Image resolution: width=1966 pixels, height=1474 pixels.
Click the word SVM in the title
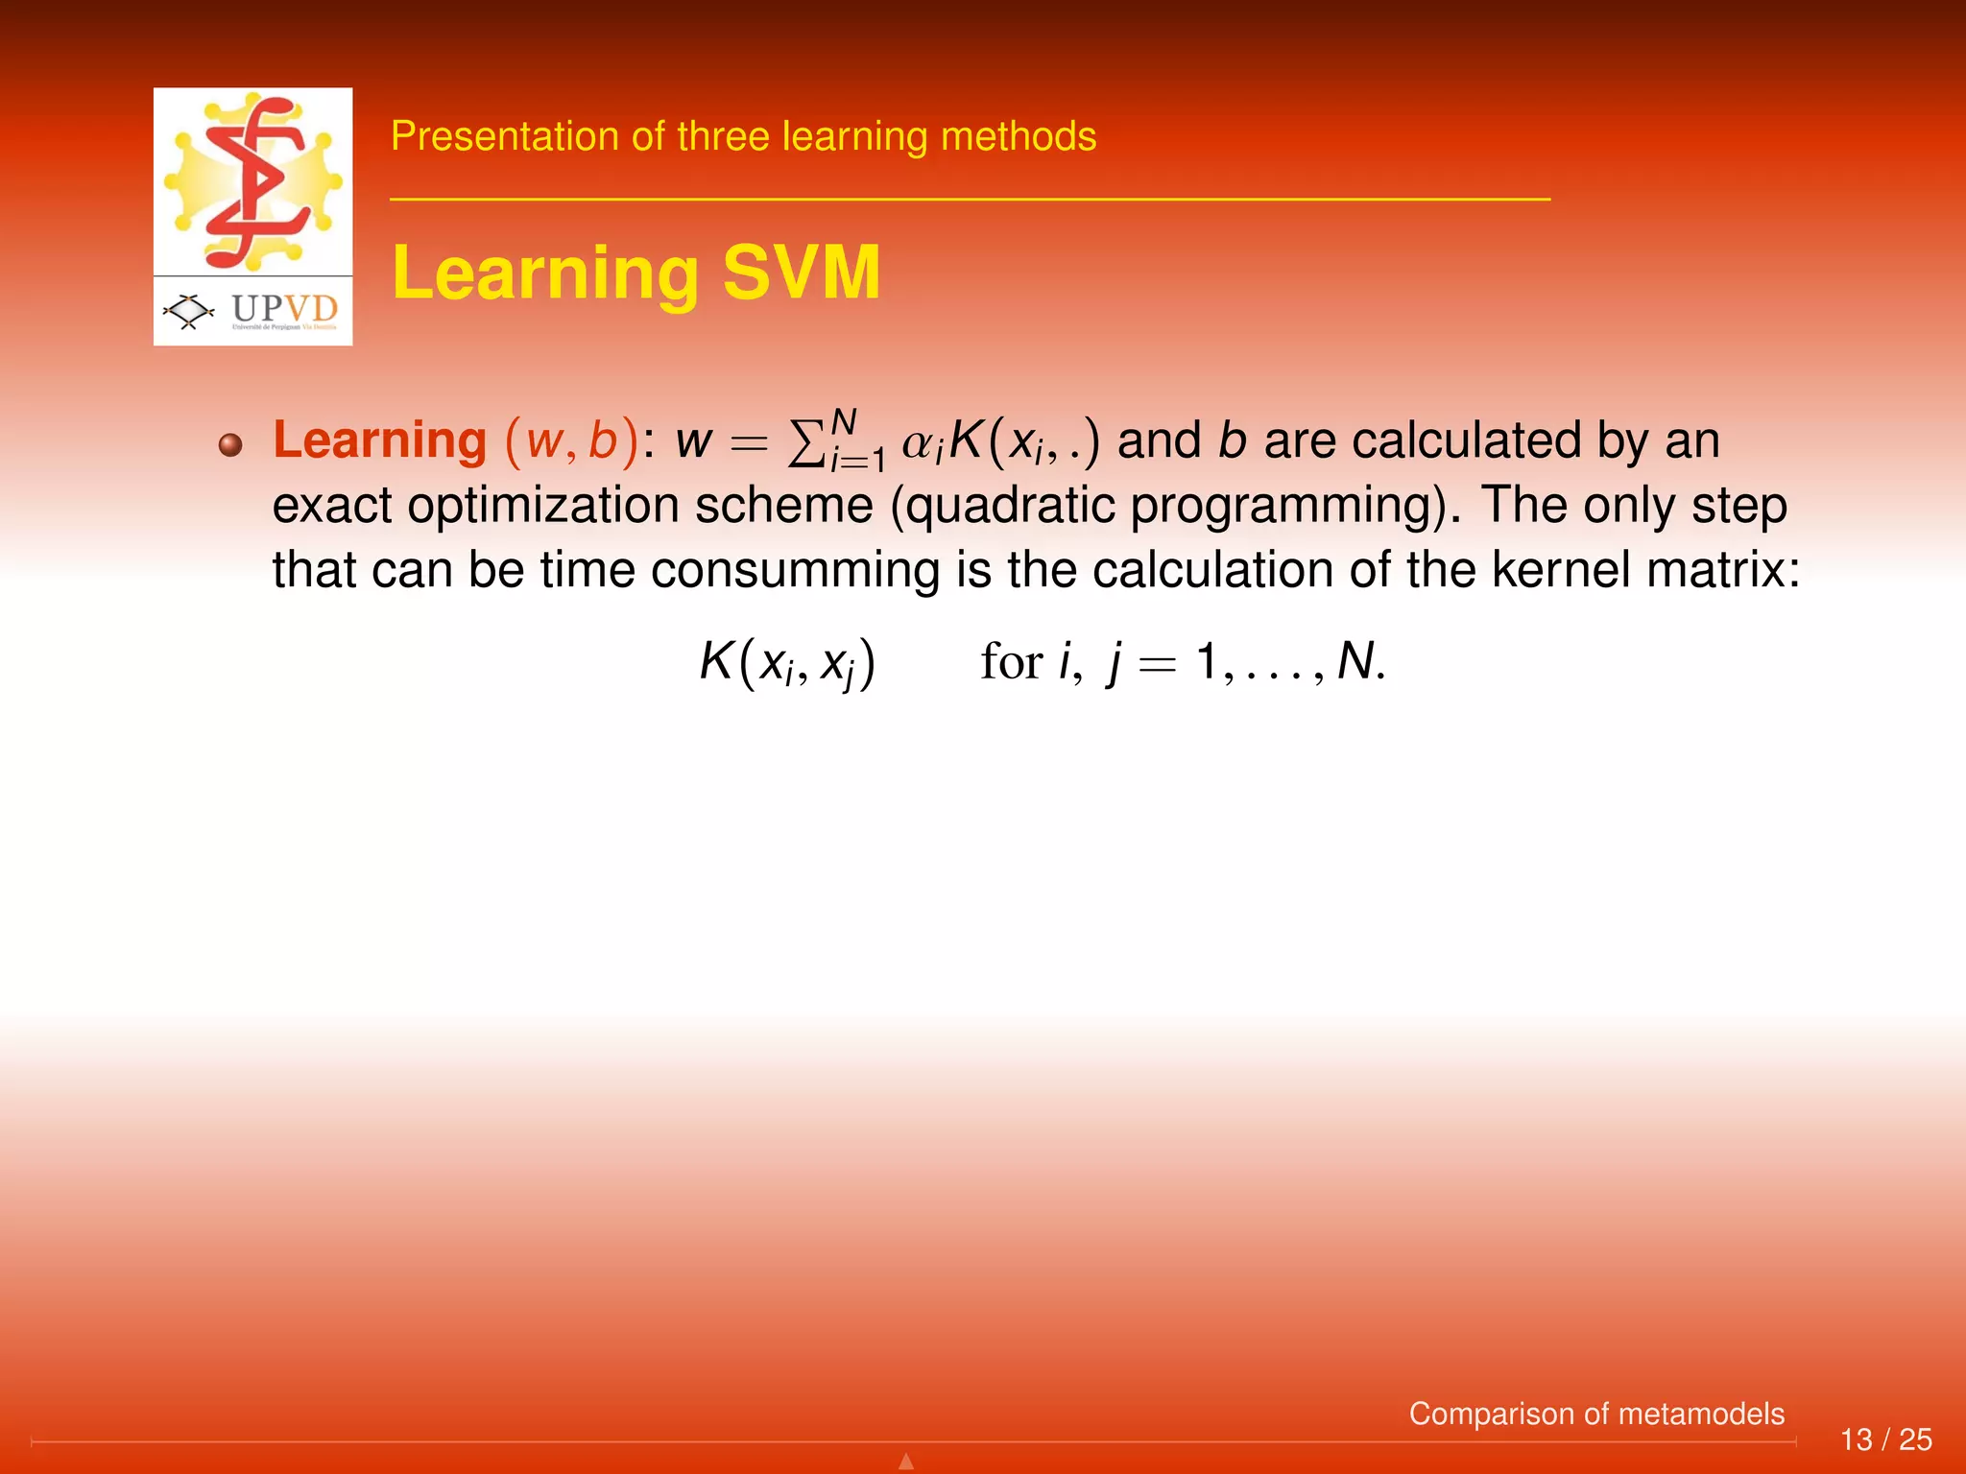pyautogui.click(x=801, y=273)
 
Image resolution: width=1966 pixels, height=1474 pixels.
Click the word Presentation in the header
pyautogui.click(x=505, y=136)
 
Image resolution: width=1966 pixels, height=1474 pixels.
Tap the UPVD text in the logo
pyautogui.click(x=285, y=308)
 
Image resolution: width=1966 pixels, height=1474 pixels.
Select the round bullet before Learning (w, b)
pyautogui.click(x=229, y=444)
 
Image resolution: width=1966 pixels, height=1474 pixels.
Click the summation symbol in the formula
pyautogui.click(x=805, y=444)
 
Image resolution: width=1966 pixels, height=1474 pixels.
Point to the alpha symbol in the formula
pyautogui.click(x=919, y=444)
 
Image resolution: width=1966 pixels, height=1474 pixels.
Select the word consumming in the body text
pyautogui.click(x=795, y=570)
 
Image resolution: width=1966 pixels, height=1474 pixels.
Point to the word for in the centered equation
pyautogui.click(x=1011, y=662)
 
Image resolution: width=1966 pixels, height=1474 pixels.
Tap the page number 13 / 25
pyautogui.click(x=1885, y=1439)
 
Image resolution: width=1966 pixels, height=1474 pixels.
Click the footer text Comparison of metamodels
pyautogui.click(x=1596, y=1414)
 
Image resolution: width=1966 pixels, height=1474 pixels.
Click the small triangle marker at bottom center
pyautogui.click(x=905, y=1462)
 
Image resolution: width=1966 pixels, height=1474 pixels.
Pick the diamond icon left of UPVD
pyautogui.click(x=189, y=310)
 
